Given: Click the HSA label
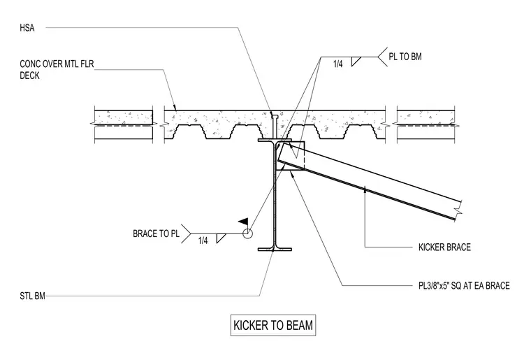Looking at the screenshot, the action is click(x=27, y=28).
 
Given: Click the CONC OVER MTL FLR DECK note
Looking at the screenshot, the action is click(x=57, y=69).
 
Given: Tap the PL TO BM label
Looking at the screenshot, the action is click(x=405, y=57).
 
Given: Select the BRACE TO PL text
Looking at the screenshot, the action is click(x=156, y=233).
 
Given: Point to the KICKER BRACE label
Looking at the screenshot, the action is click(x=444, y=247).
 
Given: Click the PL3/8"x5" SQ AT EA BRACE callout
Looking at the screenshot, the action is click(x=464, y=285).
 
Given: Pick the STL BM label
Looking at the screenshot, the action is click(x=33, y=296).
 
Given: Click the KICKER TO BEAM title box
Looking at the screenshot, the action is click(x=273, y=325).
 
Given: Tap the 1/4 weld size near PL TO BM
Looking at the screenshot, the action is click(x=338, y=64).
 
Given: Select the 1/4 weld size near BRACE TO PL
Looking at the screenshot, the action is click(x=203, y=240).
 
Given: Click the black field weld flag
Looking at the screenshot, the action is click(x=244, y=222).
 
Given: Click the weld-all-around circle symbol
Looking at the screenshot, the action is click(x=247, y=233).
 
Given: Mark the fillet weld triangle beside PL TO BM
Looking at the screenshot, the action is click(x=356, y=62).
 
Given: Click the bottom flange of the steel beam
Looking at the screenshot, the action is click(x=275, y=250).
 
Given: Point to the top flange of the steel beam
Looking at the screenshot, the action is click(x=275, y=140).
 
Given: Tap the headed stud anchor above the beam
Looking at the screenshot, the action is click(x=275, y=125).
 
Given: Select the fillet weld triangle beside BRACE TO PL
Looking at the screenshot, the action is click(x=221, y=238).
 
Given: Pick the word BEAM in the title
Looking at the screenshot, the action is click(x=299, y=325).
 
